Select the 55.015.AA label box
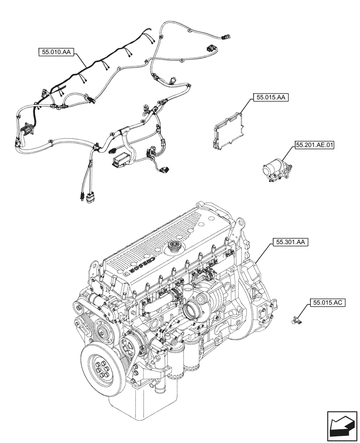[x=270, y=97]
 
